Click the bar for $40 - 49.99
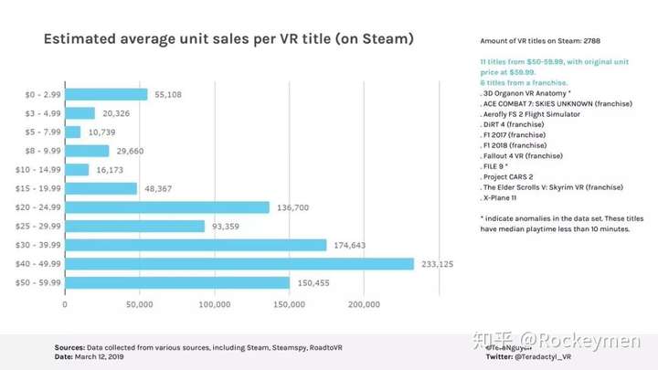(x=239, y=264)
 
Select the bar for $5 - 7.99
(x=72, y=132)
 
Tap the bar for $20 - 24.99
(x=166, y=207)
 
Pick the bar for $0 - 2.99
(x=105, y=94)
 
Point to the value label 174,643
(x=353, y=245)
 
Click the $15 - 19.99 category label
(x=38, y=188)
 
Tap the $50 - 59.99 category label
(x=38, y=283)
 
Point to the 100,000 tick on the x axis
(x=214, y=304)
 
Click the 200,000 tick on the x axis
(x=364, y=304)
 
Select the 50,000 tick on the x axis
(x=139, y=304)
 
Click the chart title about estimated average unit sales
(x=228, y=39)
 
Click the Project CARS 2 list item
(x=507, y=176)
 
